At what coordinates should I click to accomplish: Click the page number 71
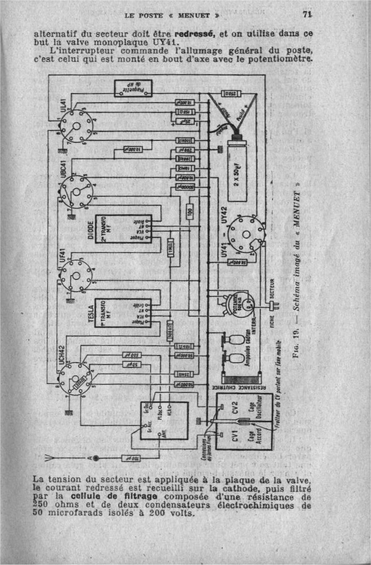coord(307,14)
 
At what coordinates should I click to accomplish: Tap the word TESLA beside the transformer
coord(91,313)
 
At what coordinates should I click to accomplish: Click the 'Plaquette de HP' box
coord(133,88)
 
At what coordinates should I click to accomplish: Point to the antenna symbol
coord(52,458)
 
